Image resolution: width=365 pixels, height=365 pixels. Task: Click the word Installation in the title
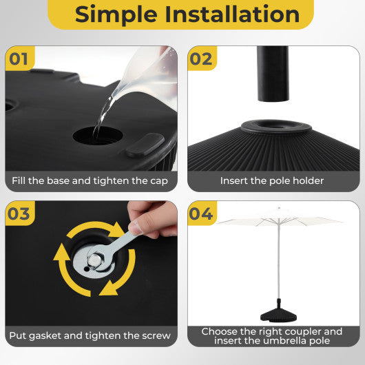click(235, 14)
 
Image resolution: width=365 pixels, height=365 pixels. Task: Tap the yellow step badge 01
click(19, 59)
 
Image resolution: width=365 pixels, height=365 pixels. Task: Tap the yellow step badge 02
click(201, 59)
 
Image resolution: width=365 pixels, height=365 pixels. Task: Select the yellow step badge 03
click(19, 214)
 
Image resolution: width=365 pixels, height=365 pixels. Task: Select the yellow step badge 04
click(201, 214)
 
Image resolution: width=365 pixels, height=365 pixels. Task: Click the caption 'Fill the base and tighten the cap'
click(90, 181)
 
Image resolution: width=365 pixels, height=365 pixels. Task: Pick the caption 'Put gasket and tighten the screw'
click(90, 336)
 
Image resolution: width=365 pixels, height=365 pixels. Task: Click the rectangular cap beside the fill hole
click(145, 144)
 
